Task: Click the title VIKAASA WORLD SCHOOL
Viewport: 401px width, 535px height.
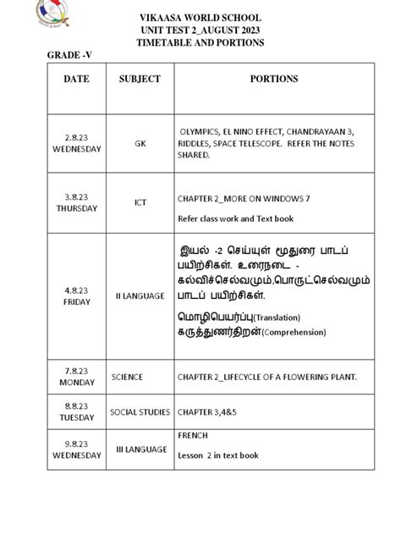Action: pos(200,17)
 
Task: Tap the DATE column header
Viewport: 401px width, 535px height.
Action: pos(76,79)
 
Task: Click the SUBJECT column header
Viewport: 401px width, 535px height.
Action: pos(140,79)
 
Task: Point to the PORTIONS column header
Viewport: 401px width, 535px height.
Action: pos(273,79)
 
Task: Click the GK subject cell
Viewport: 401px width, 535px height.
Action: pos(140,144)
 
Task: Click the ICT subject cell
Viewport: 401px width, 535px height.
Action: pos(140,203)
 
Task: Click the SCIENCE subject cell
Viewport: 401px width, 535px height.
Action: pos(127,377)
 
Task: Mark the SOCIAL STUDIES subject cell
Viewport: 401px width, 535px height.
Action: pos(140,412)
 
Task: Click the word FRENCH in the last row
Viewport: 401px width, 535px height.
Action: pos(192,436)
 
